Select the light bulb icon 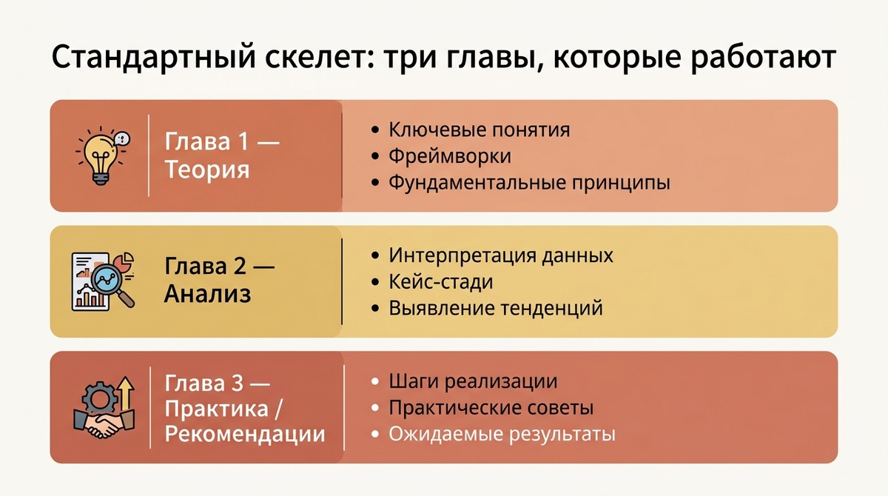click(97, 155)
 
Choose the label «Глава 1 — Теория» click(221, 155)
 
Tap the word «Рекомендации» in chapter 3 click(245, 433)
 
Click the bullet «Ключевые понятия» click(480, 130)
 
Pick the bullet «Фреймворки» click(450, 156)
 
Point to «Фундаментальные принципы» click(529, 182)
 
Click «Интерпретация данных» click(501, 255)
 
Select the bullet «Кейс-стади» click(441, 281)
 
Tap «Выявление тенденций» click(496, 307)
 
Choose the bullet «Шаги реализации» click(473, 382)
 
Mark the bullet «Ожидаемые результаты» click(502, 434)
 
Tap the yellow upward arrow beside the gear click(125, 392)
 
